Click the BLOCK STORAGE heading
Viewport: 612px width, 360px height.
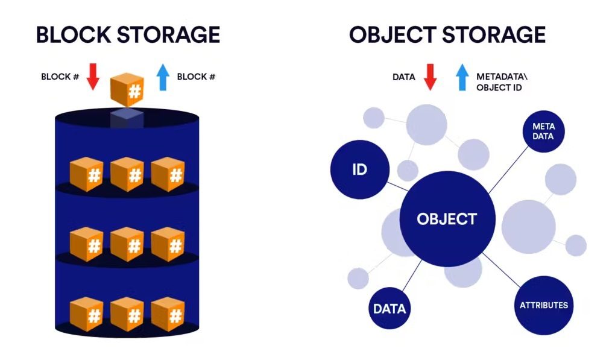128,34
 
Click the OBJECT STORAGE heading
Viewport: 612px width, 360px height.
447,34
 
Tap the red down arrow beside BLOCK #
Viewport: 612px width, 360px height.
93,77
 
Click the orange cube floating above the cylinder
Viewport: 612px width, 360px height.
127,90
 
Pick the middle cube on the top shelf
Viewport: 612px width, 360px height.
127,174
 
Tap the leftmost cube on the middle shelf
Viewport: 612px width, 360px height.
87,244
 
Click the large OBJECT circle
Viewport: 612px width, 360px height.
447,219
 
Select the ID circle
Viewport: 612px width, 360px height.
359,169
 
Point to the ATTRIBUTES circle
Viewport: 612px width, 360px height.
543,305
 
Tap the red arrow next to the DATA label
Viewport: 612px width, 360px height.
430,77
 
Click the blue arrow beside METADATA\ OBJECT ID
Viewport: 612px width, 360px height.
462,77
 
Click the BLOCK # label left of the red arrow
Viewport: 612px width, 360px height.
60,77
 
